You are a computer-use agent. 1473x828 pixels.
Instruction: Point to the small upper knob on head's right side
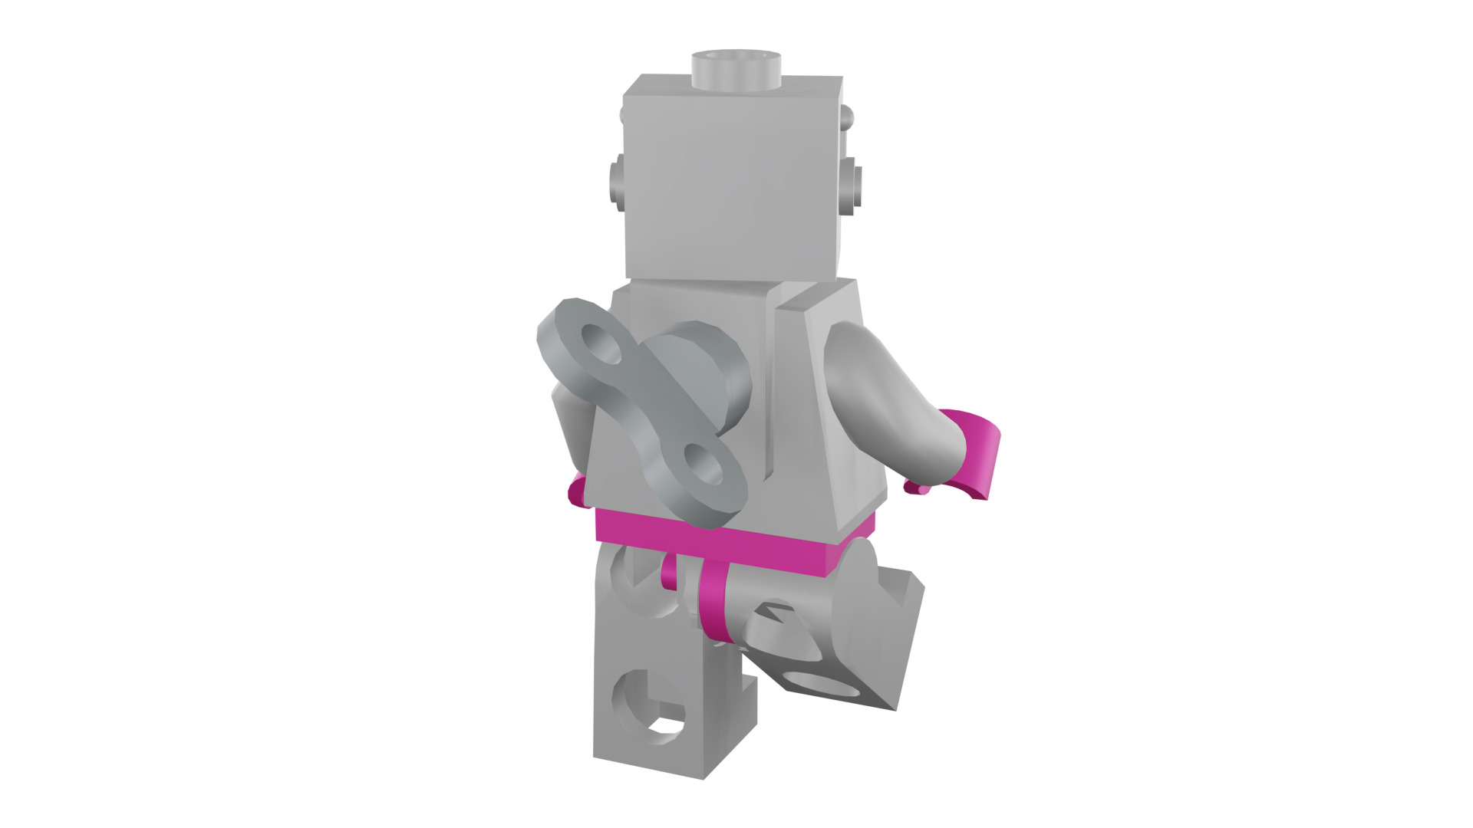tap(847, 117)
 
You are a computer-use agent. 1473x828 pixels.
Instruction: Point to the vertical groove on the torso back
tap(769, 383)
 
